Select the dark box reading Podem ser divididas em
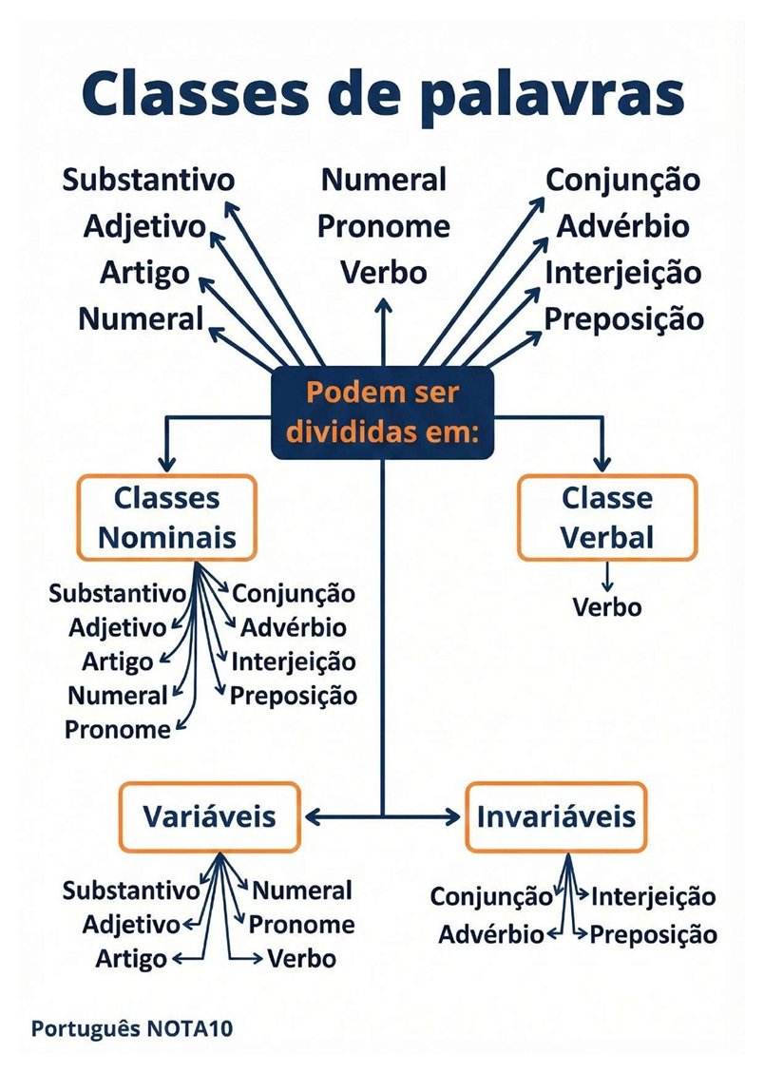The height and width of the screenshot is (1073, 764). pyautogui.click(x=382, y=412)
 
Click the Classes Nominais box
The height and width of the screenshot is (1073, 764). pyautogui.click(x=167, y=518)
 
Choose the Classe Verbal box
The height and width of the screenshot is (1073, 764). pyautogui.click(x=606, y=518)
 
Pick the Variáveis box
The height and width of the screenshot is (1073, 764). pyautogui.click(x=209, y=816)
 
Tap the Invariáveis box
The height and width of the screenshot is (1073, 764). pyautogui.click(x=555, y=816)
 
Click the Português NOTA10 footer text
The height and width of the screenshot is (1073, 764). pyautogui.click(x=132, y=1028)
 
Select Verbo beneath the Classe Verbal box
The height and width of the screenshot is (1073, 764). pyautogui.click(x=607, y=607)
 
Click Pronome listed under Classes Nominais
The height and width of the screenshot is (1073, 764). pyautogui.click(x=118, y=730)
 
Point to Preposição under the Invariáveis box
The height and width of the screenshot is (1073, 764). pyautogui.click(x=653, y=935)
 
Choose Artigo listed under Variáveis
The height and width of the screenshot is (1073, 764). pyautogui.click(x=131, y=959)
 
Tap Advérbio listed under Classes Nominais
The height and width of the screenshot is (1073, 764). pyautogui.click(x=294, y=627)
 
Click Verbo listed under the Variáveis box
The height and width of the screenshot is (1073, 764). pyautogui.click(x=301, y=959)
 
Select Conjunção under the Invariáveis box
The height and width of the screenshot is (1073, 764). pyautogui.click(x=491, y=896)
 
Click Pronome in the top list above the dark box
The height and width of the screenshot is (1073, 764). pyautogui.click(x=384, y=226)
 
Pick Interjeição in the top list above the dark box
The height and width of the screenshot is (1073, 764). pyautogui.click(x=623, y=273)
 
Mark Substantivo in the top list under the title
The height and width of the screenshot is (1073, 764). pyautogui.click(x=148, y=180)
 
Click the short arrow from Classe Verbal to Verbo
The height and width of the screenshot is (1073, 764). pyautogui.click(x=606, y=578)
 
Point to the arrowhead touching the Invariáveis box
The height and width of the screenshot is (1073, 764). pyautogui.click(x=454, y=816)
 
